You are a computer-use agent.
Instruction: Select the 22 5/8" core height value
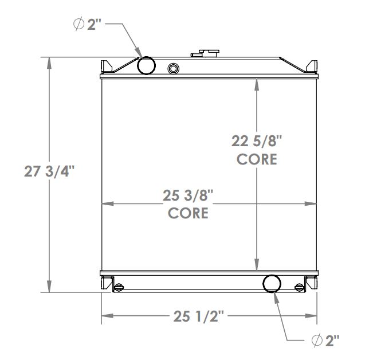257,141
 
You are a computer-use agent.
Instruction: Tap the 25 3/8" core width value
188,195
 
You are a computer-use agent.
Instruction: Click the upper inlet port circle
147,66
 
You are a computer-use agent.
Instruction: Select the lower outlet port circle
272,283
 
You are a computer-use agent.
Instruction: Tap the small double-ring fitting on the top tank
173,69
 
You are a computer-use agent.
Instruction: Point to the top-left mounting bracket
107,66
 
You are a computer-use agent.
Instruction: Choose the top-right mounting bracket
311,66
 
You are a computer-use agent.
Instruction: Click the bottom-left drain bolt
119,287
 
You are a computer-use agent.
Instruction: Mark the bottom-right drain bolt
299,287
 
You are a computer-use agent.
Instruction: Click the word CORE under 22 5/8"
257,159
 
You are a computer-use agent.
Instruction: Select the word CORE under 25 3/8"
188,213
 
